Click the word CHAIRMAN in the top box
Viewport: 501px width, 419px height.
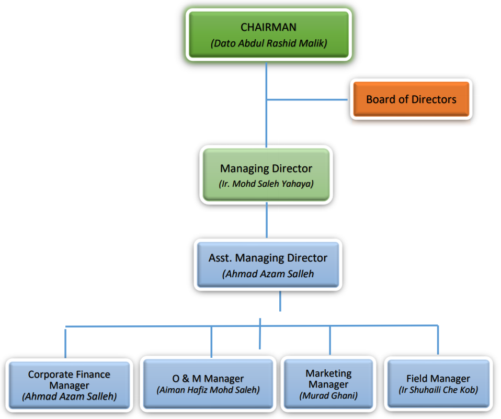pos(268,27)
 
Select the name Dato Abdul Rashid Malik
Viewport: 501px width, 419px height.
pos(268,43)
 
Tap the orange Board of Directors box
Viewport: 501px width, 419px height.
pos(411,99)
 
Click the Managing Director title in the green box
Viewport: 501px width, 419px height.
pos(266,168)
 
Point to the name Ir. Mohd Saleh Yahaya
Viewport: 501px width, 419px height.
pos(266,184)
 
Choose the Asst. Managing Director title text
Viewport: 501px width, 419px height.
pos(268,258)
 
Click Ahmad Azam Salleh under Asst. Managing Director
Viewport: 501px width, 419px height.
pos(268,274)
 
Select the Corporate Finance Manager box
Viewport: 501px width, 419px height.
pos(69,385)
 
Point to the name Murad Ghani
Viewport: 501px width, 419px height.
pos(328,395)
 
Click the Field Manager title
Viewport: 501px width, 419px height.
pos(438,379)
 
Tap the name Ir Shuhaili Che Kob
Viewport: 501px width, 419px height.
pos(438,390)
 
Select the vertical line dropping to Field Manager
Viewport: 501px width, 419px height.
pos(438,340)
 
